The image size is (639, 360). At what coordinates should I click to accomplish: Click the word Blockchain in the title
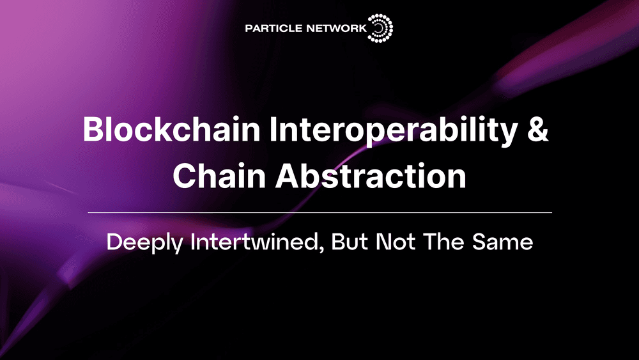click(171, 130)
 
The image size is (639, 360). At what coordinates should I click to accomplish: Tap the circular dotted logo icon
click(381, 29)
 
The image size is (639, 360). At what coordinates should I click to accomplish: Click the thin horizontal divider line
click(319, 212)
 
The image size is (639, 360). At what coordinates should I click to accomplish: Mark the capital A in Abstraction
click(288, 175)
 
